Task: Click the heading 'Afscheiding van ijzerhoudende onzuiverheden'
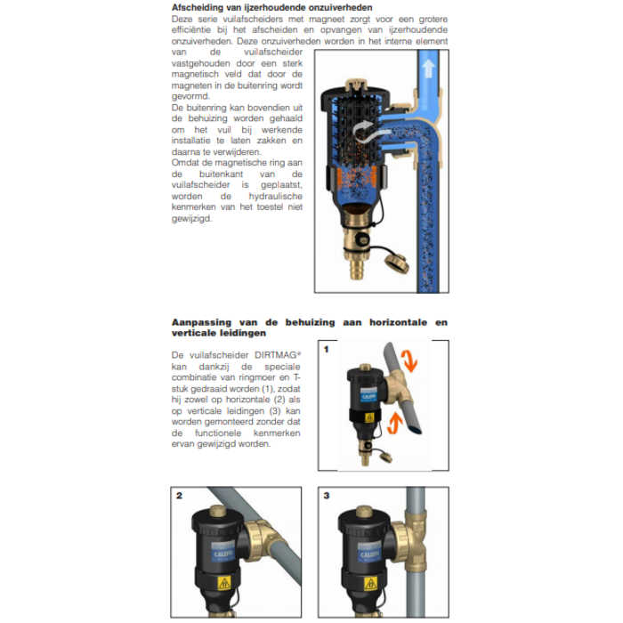pos(260,8)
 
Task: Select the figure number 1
pos(327,350)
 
